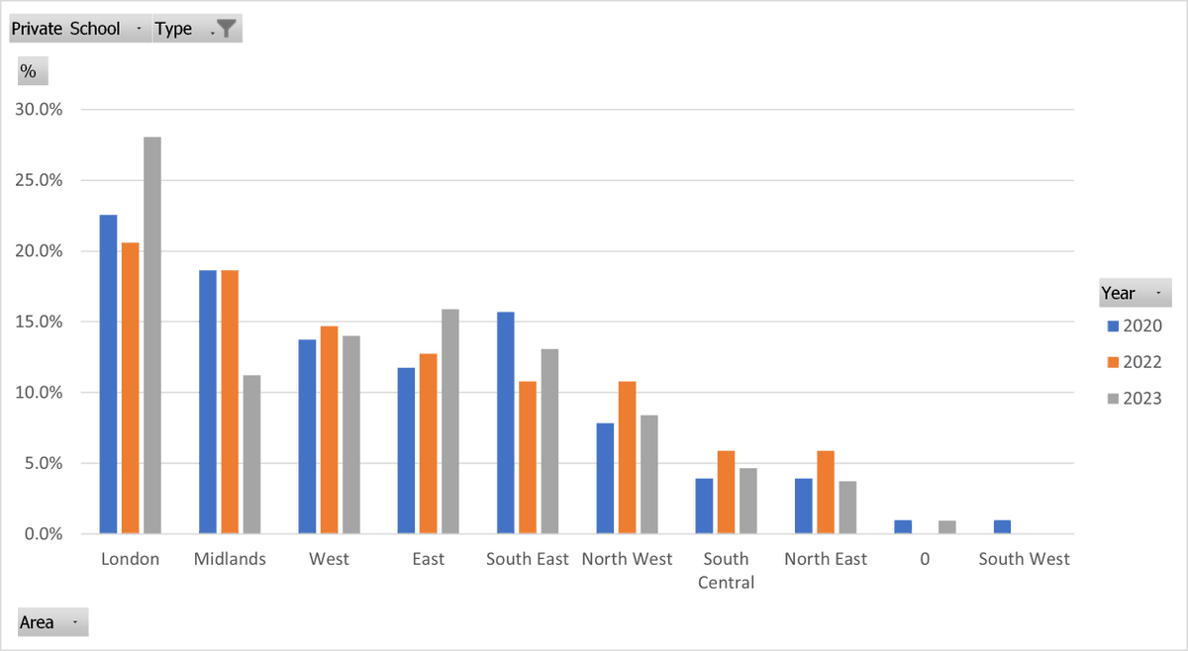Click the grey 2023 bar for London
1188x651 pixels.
click(x=152, y=335)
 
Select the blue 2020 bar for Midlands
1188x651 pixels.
click(x=208, y=402)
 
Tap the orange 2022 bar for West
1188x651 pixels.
click(x=329, y=430)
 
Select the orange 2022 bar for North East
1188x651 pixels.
click(x=825, y=493)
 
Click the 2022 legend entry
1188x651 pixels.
click(x=1135, y=362)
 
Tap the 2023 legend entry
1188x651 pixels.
click(x=1135, y=399)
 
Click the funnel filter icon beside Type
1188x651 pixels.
click(x=227, y=29)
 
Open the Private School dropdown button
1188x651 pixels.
click(x=138, y=29)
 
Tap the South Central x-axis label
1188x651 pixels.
click(x=726, y=571)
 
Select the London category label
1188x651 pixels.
click(x=131, y=559)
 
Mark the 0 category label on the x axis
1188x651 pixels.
click(x=925, y=559)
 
